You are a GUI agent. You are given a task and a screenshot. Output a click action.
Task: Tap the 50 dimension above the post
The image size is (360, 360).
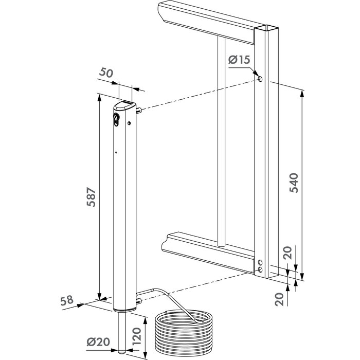click(x=106, y=73)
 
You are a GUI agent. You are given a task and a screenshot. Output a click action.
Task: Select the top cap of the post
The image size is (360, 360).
click(x=124, y=106)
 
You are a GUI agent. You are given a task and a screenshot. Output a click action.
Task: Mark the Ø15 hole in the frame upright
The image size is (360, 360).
click(x=260, y=79)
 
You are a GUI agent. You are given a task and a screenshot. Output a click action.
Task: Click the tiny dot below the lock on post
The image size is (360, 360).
click(x=116, y=152)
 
